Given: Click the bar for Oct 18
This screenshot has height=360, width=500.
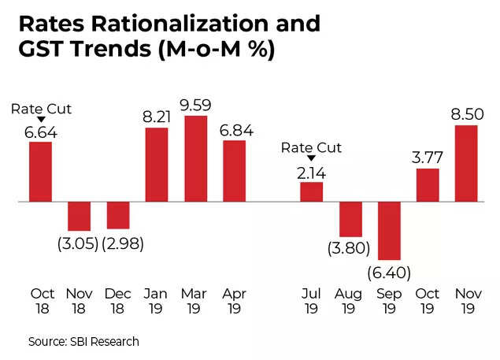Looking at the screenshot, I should pyautogui.click(x=41, y=172).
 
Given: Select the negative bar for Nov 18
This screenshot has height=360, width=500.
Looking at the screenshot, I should pyautogui.click(x=79, y=216).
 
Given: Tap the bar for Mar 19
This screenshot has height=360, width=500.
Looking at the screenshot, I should pyautogui.click(x=195, y=158).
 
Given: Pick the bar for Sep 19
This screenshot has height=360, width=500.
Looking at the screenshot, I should pyautogui.click(x=389, y=231).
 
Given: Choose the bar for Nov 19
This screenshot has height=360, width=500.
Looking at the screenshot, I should pyautogui.click(x=465, y=163).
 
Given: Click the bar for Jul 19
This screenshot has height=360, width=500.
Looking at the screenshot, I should pyautogui.click(x=312, y=192).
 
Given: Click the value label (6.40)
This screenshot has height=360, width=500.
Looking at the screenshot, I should pyautogui.click(x=388, y=273).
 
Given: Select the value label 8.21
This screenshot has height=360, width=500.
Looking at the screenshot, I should pyautogui.click(x=157, y=115).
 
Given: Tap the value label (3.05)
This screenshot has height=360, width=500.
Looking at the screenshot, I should pyautogui.click(x=78, y=243).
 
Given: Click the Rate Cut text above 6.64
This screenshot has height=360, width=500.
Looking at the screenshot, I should pyautogui.click(x=42, y=108).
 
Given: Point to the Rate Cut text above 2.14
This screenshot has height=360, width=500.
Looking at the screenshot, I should pyautogui.click(x=312, y=147).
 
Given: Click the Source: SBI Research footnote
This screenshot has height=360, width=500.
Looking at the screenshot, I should pyautogui.click(x=83, y=341).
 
